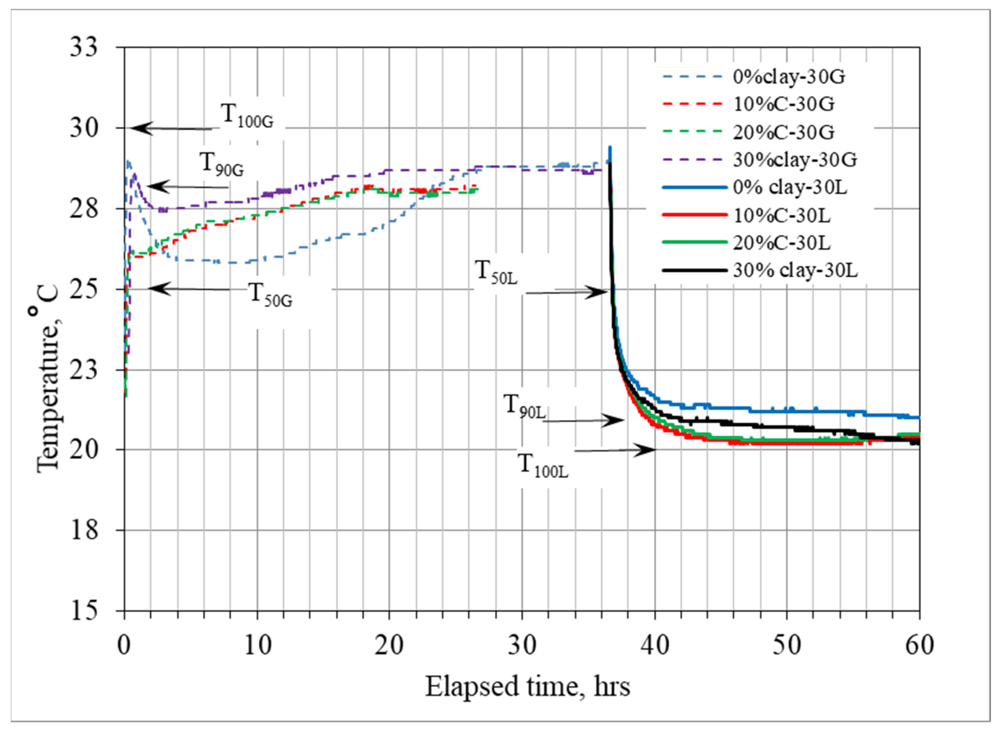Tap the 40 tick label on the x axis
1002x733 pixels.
[x=655, y=645]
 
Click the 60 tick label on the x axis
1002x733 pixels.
[x=919, y=645]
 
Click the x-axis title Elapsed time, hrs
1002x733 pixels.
[x=527, y=687]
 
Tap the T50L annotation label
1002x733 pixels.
[x=496, y=272]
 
